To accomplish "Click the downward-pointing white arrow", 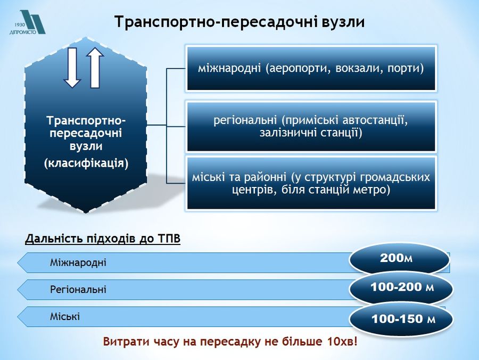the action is [x=72, y=68].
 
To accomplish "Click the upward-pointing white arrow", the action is [x=95, y=68].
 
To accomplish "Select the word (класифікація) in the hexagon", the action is [x=86, y=163].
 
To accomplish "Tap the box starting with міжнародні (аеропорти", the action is [x=311, y=68].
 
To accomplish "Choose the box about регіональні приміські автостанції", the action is [x=311, y=127].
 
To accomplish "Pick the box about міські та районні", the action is [x=311, y=183].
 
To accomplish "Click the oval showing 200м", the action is [x=399, y=259].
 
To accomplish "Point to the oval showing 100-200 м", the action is [x=401, y=288].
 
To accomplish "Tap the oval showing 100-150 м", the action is [x=401, y=319].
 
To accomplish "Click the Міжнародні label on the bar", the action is [x=78, y=263].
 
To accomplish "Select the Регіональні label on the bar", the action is [x=78, y=289].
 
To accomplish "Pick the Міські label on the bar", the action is [x=65, y=316].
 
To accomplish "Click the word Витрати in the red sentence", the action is [x=124, y=341].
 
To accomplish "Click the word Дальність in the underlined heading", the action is [x=54, y=239].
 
